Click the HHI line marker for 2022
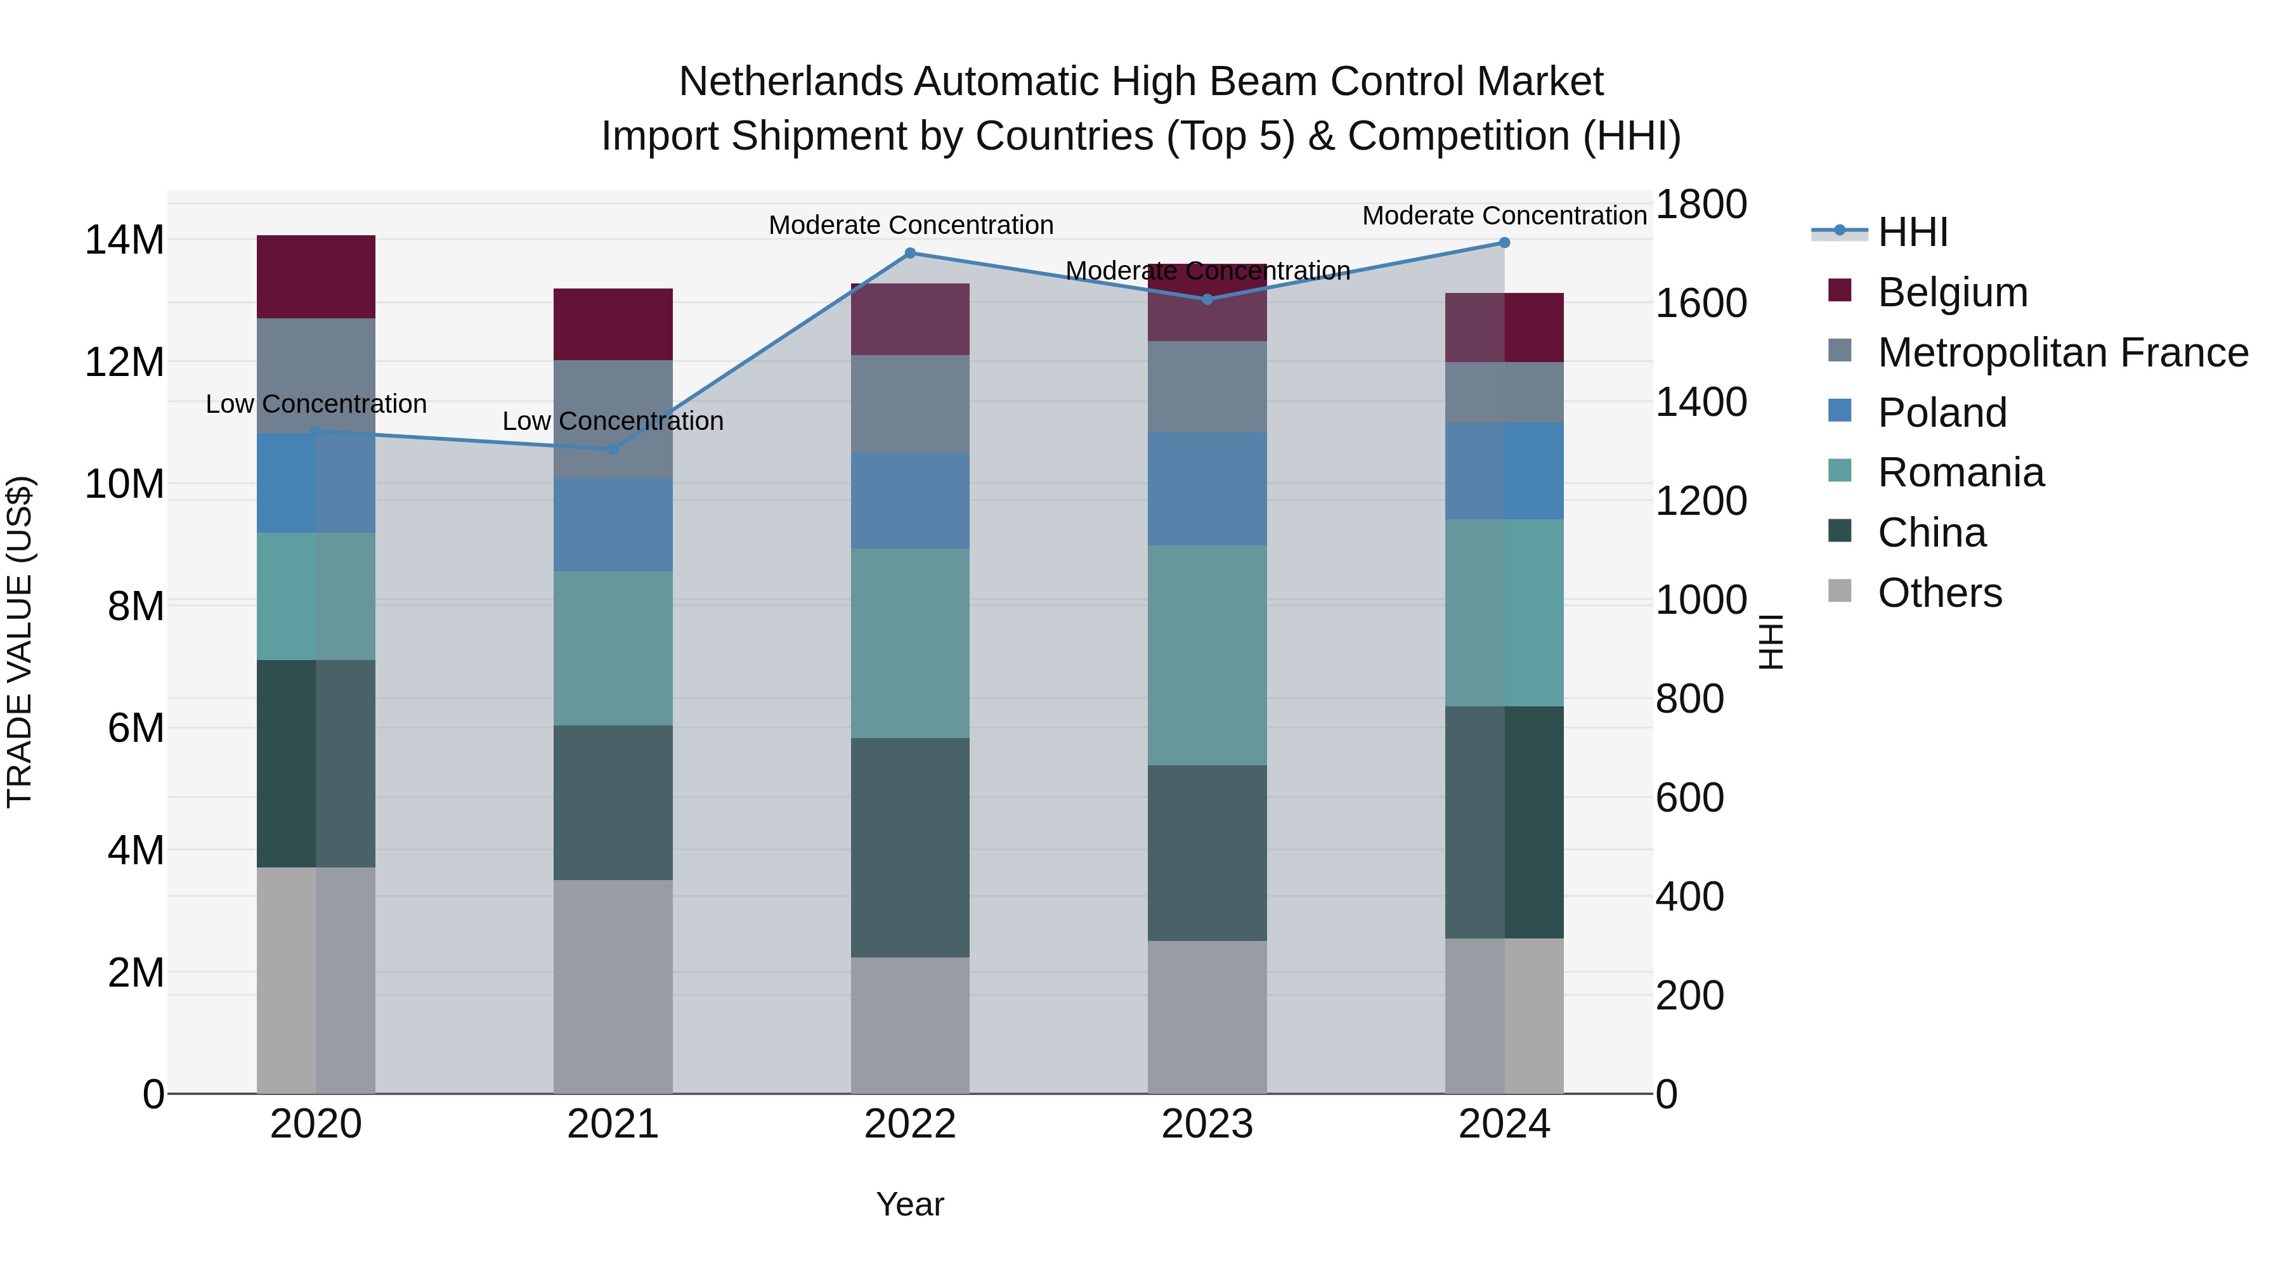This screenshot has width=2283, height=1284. [909, 254]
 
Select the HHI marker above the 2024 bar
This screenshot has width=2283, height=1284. [1504, 243]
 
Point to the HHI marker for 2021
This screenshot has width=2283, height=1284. [613, 450]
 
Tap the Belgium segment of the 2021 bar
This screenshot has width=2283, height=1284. [613, 324]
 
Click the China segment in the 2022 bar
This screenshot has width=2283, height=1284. [909, 847]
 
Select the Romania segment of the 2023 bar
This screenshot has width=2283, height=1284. [1206, 655]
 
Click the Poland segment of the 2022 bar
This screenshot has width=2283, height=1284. [909, 501]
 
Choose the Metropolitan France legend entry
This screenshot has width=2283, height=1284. [2062, 353]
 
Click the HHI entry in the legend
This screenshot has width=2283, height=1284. [1913, 232]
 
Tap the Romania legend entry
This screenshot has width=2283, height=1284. [1960, 473]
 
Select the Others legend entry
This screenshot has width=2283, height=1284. [1939, 593]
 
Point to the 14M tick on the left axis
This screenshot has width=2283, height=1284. [124, 240]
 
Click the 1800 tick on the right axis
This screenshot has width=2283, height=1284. [1700, 205]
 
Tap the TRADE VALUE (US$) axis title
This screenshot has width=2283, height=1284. [20, 642]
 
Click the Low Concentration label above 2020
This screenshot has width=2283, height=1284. [316, 404]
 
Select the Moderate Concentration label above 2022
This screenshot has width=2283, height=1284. [910, 225]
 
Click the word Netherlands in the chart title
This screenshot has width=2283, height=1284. [791, 82]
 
